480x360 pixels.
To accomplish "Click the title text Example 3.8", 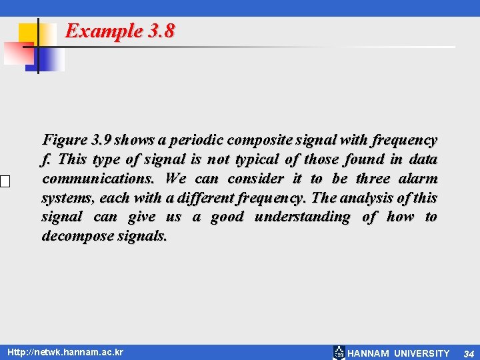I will (x=120, y=31).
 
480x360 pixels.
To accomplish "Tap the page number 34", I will (x=469, y=353).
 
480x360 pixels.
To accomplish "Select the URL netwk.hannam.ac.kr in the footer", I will (x=65, y=352).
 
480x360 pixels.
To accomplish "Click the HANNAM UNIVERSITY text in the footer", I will (x=399, y=353).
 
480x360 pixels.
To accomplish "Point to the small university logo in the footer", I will (x=339, y=353).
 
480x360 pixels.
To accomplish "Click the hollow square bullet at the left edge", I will (x=5, y=181).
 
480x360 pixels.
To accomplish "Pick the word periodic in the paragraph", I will (x=197, y=140).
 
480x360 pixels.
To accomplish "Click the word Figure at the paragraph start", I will (x=65, y=140).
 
